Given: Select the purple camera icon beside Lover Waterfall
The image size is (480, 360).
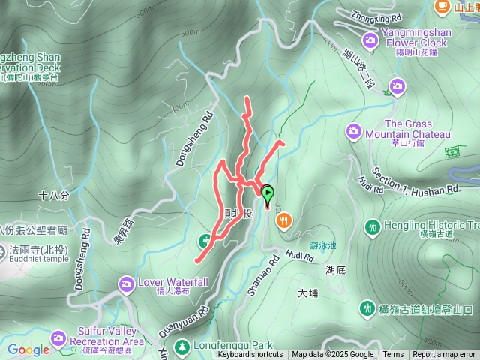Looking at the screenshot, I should (x=125, y=283).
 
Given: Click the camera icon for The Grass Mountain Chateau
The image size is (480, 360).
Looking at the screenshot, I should (x=354, y=132).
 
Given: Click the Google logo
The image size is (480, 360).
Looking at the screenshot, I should (x=28, y=349).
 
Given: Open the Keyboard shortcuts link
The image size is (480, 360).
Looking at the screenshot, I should (x=250, y=355).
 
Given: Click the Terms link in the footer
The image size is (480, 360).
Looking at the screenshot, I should (x=393, y=355).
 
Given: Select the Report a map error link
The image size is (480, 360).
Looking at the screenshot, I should (x=444, y=355).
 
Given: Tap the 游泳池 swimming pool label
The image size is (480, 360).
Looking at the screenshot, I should (x=324, y=244).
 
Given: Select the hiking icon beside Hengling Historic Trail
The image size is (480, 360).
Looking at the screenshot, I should (x=372, y=226).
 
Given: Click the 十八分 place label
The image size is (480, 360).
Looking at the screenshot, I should (x=53, y=195).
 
